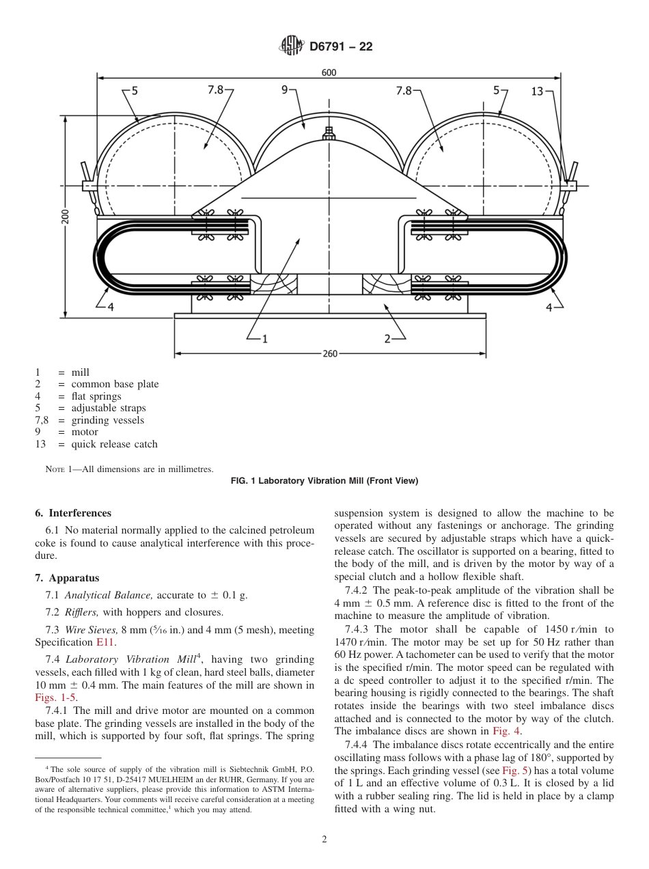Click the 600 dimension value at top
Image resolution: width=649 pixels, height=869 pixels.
[x=329, y=72]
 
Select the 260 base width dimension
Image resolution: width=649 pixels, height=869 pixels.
[x=329, y=354]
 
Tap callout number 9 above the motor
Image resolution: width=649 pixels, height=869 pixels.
[x=284, y=90]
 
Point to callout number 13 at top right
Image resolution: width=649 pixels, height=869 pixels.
[x=537, y=90]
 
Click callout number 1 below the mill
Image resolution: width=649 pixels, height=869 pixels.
[x=264, y=337]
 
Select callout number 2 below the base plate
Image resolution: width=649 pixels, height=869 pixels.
[x=387, y=337]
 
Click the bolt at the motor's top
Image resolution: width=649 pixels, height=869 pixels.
[x=329, y=133]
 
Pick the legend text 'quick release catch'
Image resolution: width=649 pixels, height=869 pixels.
[x=114, y=444]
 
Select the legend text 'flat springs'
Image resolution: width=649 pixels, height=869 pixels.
[x=96, y=396]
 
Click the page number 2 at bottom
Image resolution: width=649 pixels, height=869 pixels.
[x=324, y=840]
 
